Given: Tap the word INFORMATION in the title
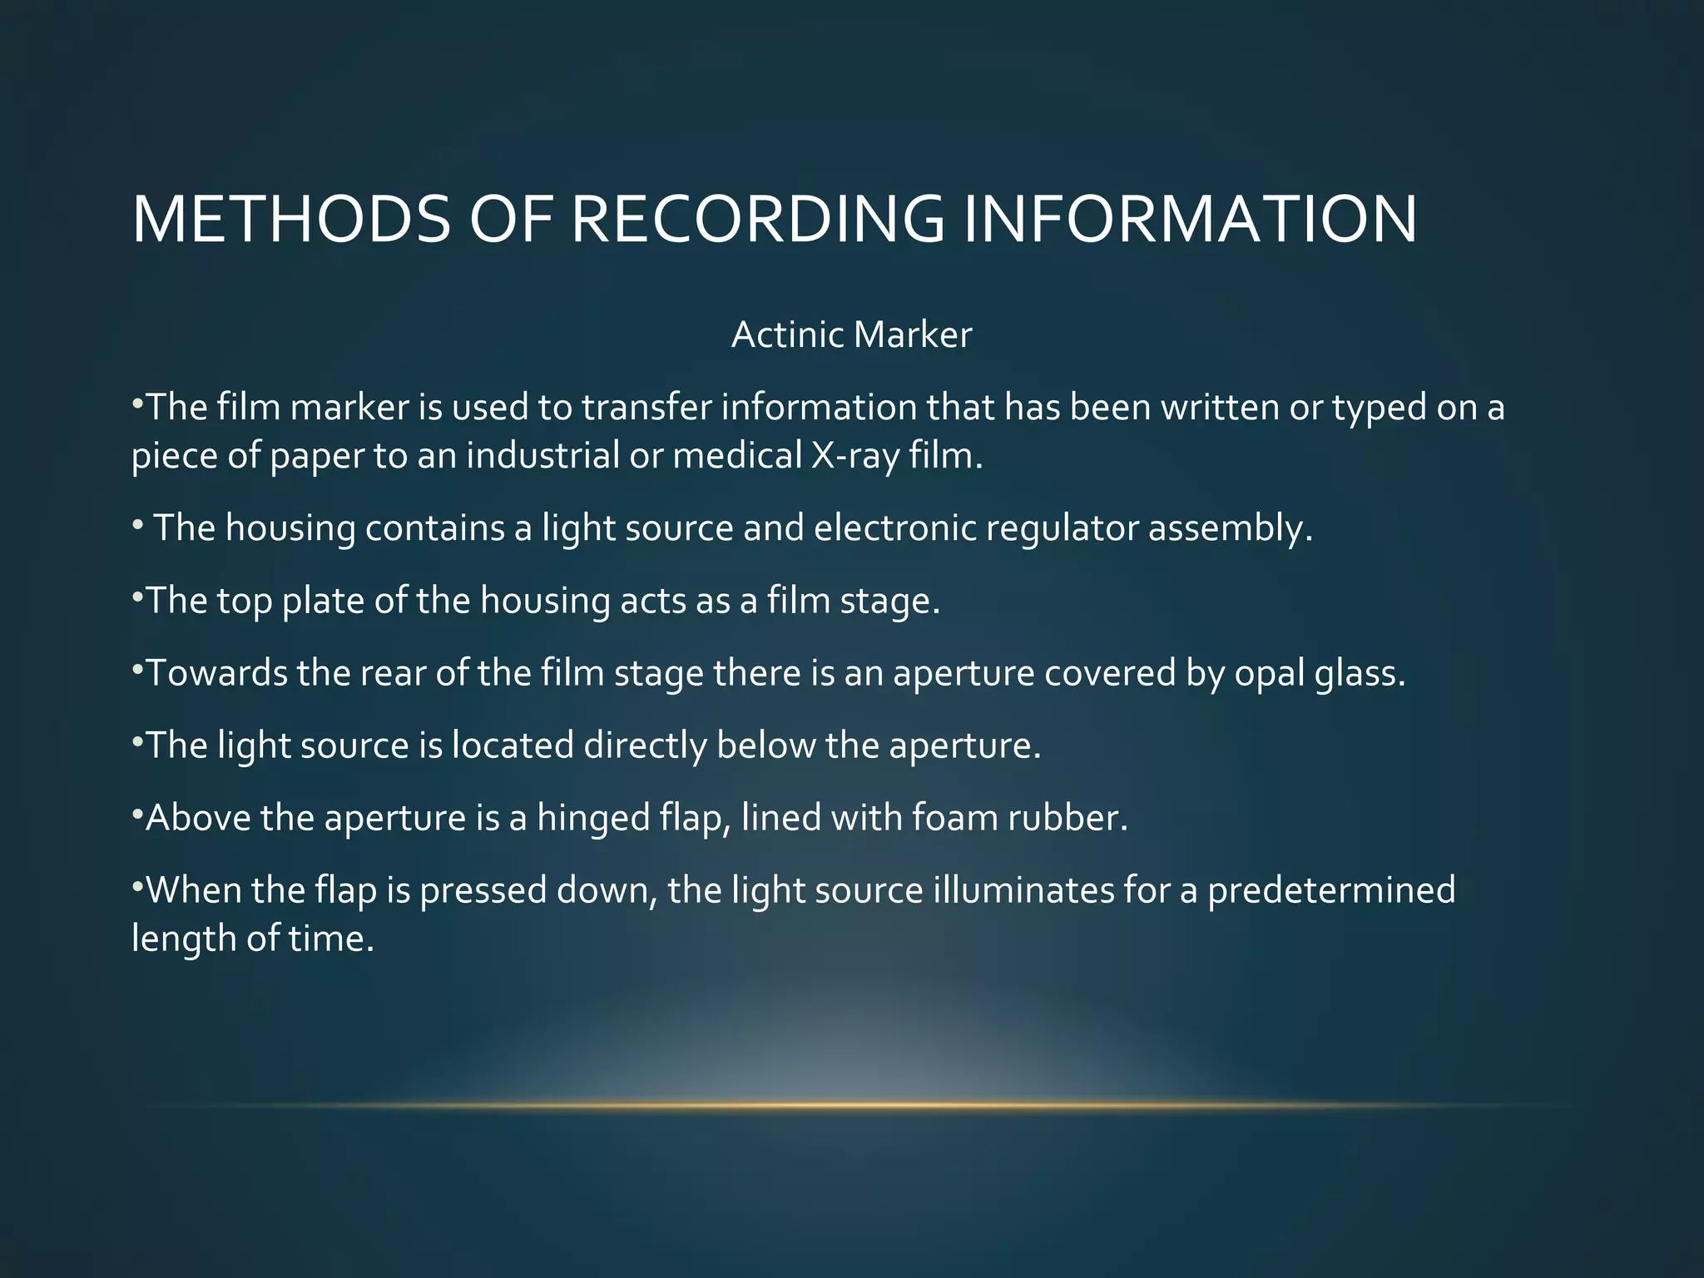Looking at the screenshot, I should [1191, 219].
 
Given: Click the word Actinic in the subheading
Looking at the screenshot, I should [787, 335].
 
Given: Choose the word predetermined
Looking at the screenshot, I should [1331, 891].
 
